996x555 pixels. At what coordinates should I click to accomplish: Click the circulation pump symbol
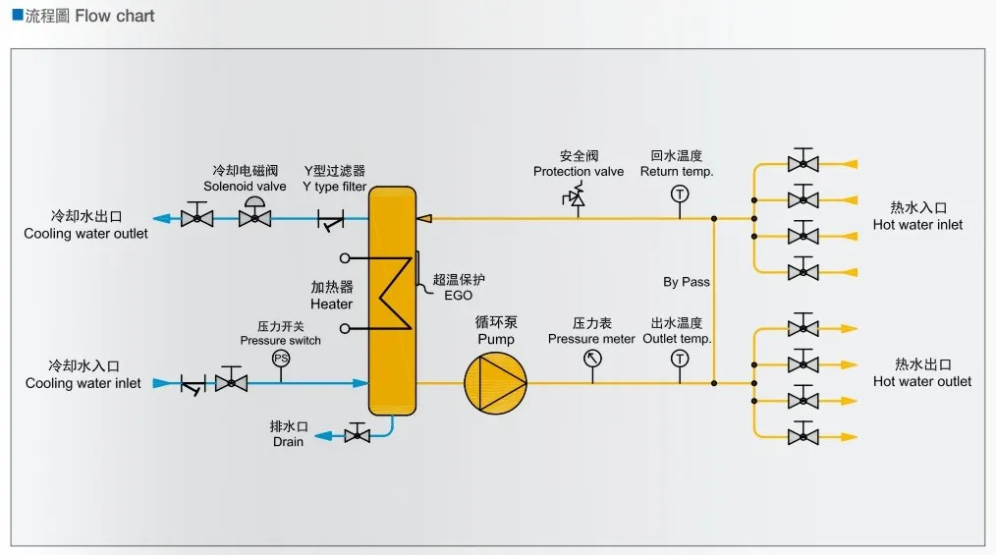click(x=495, y=382)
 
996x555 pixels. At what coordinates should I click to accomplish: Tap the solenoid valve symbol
click(x=254, y=212)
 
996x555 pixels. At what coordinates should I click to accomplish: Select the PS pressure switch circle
click(x=281, y=359)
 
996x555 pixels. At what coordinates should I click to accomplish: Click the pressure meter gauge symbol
click(x=592, y=359)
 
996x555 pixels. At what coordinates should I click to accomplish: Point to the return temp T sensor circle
click(x=680, y=194)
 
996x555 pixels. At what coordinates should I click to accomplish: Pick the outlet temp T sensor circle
click(x=680, y=359)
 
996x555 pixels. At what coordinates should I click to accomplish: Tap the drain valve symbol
click(x=357, y=434)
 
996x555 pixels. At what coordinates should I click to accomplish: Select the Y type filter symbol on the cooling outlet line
click(x=330, y=220)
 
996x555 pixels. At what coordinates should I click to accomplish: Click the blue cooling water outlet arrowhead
click(x=162, y=219)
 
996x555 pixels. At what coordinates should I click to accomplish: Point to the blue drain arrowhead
click(x=324, y=435)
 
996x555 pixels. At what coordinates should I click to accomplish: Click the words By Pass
click(x=686, y=282)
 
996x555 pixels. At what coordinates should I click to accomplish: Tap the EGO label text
click(x=458, y=296)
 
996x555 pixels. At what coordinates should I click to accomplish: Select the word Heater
click(x=332, y=305)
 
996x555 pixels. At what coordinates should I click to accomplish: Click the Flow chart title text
click(x=114, y=16)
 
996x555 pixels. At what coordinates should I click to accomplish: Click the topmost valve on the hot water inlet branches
click(x=802, y=161)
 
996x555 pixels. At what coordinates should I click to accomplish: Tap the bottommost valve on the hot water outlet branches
click(x=802, y=434)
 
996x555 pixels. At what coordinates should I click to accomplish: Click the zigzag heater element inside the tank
click(x=395, y=294)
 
